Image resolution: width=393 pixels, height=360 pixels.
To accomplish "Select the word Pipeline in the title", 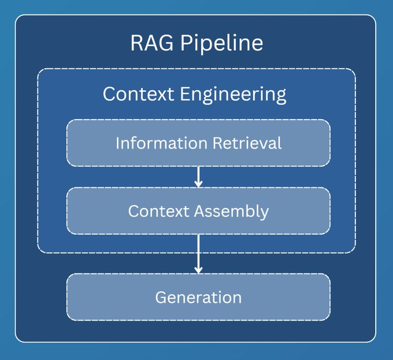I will coord(222,44).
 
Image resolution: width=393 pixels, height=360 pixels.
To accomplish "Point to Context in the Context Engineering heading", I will coord(139,94).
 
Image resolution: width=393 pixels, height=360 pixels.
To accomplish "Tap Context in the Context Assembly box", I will coord(160,211).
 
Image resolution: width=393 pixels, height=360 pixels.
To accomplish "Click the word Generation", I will coord(198,298).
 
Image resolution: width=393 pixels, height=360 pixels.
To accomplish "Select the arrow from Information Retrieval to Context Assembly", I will coord(198,176).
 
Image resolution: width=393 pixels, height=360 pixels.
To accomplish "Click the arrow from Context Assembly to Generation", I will coord(198,253).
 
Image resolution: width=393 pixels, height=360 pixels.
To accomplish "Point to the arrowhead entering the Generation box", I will coord(198,269).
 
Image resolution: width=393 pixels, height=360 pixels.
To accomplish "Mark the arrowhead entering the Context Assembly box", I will coord(198,183).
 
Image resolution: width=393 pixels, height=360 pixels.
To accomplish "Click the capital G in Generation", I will coord(161,298).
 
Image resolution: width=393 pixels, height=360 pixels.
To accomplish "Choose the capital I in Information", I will coord(118,143).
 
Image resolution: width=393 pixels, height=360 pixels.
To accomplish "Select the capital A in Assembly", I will coord(199,211).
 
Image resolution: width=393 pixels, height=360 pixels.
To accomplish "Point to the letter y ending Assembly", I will coord(265,213).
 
